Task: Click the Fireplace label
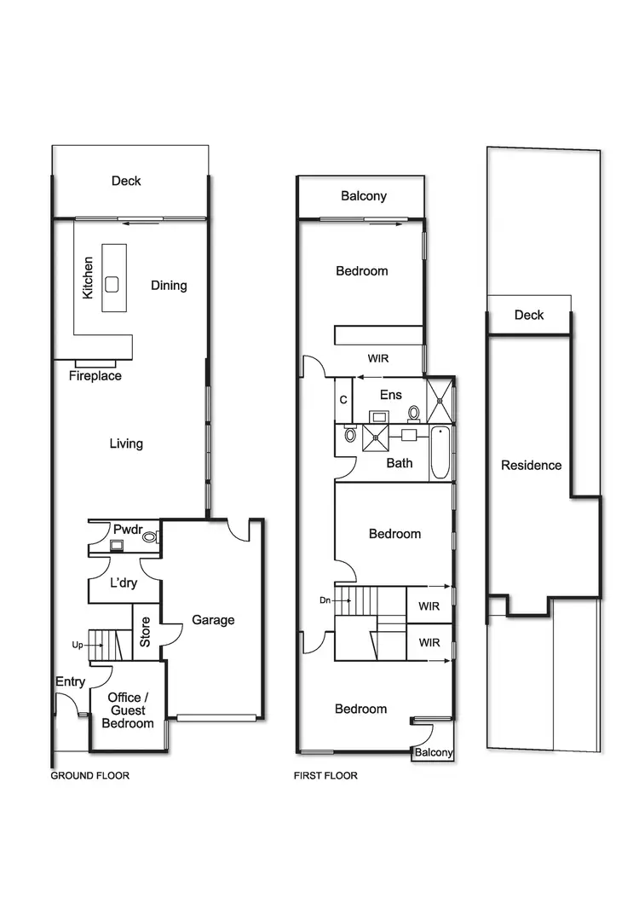coord(95,376)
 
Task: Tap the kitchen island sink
coord(112,284)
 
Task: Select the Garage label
coord(213,620)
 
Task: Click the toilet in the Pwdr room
coord(150,537)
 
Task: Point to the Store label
coord(145,632)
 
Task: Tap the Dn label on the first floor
coord(325,600)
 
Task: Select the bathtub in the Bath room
coord(440,454)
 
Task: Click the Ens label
coord(391,394)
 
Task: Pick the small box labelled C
coord(343,400)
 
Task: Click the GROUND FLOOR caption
coord(90,776)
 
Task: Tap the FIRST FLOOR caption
coord(325,776)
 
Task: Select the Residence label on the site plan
coord(532,466)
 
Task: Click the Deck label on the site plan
coord(529,315)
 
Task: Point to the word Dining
coord(169,285)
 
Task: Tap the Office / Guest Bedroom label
coord(128,710)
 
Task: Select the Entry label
coord(70,681)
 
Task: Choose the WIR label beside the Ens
coord(378,358)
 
